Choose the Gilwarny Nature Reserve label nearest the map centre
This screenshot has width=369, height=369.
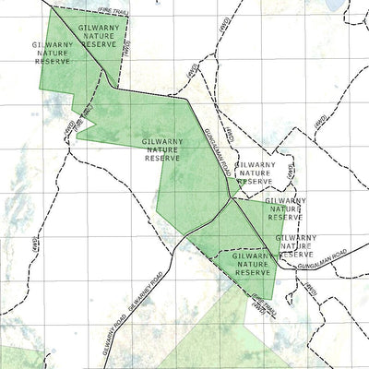163,149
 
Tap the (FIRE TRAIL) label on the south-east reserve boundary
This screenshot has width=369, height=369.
258,303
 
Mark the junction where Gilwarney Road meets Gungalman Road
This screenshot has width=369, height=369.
230,197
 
